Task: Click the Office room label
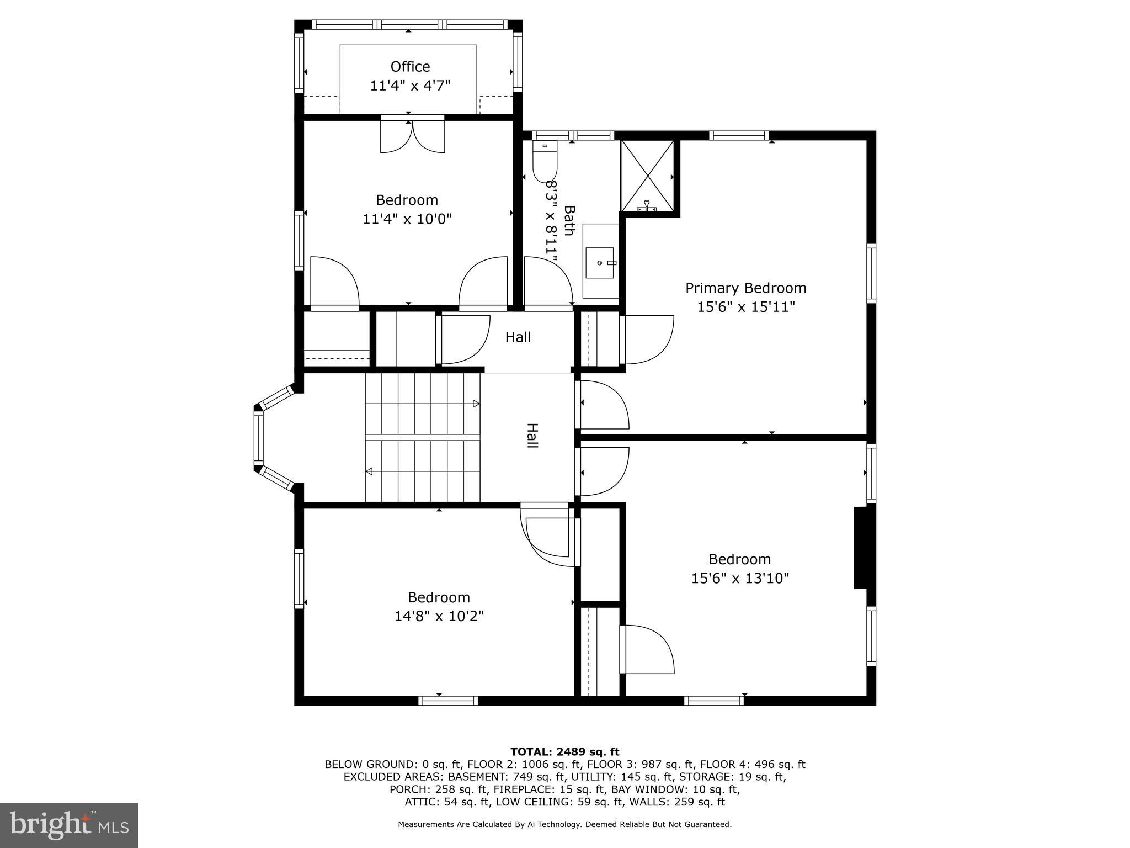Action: click(x=410, y=67)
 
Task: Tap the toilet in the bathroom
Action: click(x=545, y=161)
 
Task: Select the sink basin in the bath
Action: click(x=600, y=263)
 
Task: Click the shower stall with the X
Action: click(x=648, y=176)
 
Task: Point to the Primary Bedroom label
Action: click(x=745, y=288)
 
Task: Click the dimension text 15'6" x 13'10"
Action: click(x=740, y=578)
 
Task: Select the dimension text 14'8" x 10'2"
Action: click(x=439, y=616)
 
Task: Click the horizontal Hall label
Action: click(x=518, y=337)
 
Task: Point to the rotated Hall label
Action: click(x=532, y=436)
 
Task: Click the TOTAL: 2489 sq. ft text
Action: click(x=564, y=751)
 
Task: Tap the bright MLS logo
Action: click(x=69, y=825)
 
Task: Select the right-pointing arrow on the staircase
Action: click(x=476, y=404)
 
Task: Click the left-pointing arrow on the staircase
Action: click(x=369, y=471)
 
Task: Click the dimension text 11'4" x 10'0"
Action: click(x=407, y=219)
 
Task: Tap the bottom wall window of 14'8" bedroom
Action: click(x=447, y=701)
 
